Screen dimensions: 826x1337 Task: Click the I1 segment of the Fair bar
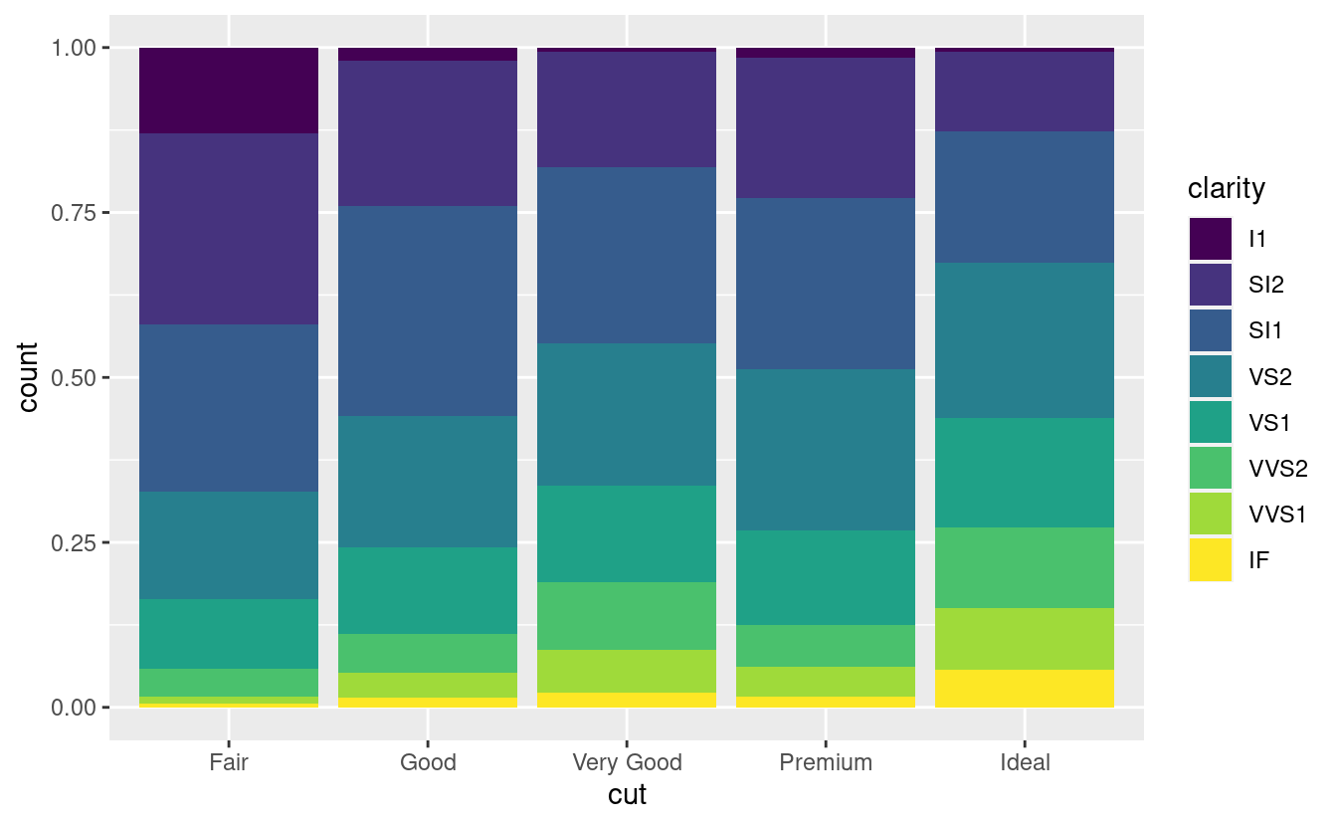pos(229,90)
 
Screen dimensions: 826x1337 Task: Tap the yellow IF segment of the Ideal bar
pos(1025,689)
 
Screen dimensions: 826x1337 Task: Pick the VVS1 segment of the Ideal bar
pos(1025,639)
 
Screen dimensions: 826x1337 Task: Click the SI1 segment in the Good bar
pos(428,310)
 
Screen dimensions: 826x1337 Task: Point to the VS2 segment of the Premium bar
pos(826,450)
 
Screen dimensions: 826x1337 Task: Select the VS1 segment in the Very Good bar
pos(627,533)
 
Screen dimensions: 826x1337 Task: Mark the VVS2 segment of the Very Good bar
pos(627,616)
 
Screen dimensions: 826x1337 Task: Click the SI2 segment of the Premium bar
pos(826,127)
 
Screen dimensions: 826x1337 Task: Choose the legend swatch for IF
pos(1210,560)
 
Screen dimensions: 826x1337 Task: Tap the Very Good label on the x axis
pos(627,763)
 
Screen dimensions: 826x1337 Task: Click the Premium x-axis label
pos(826,763)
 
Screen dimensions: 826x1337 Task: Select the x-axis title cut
pos(627,795)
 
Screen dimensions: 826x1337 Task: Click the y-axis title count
pos(29,377)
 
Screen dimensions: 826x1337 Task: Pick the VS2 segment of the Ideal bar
pos(1025,340)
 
